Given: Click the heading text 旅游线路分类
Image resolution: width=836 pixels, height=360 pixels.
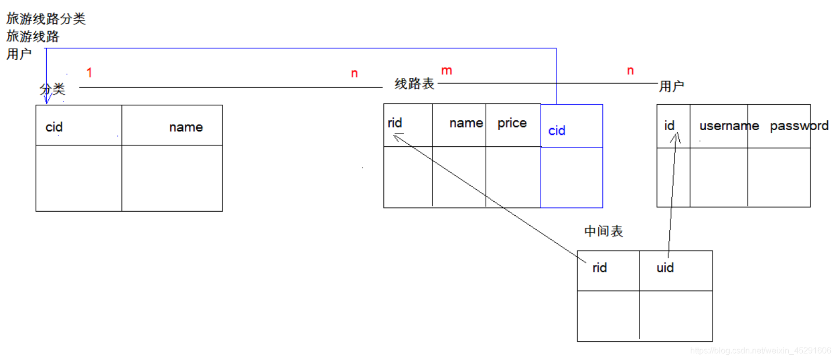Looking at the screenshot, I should (x=46, y=19).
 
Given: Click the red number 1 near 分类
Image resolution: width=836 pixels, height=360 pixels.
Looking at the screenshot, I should (x=89, y=73).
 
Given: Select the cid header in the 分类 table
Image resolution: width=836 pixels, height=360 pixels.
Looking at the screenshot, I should (x=54, y=127).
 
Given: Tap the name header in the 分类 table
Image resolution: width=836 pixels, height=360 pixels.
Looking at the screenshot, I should (x=186, y=127).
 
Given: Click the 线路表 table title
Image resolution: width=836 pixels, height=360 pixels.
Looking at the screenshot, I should (x=414, y=84).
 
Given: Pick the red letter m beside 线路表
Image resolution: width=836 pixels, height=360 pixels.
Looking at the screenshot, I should (x=446, y=71).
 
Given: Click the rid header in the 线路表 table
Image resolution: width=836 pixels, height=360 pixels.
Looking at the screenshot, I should (x=394, y=123).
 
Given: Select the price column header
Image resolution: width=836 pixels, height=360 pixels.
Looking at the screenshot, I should (x=512, y=123).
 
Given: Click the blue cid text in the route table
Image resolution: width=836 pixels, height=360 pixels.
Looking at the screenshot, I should (x=556, y=131).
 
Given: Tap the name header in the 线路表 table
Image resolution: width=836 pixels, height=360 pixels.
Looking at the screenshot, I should (x=466, y=123).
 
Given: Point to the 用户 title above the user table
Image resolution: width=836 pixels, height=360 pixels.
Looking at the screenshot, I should (x=671, y=86).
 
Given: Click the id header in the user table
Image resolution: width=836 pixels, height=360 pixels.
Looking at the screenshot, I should (x=669, y=126).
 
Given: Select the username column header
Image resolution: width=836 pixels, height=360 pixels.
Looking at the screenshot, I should (x=729, y=126).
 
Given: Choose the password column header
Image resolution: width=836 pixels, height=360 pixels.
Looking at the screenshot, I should (x=799, y=126).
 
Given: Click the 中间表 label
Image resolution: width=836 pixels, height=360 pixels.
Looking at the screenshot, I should (x=603, y=231).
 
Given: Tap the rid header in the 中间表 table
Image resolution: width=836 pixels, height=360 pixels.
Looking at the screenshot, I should (x=599, y=268).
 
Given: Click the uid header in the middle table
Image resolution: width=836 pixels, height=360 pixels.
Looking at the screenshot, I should (x=665, y=268).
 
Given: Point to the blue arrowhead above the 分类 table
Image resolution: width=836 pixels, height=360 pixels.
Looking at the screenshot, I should (x=47, y=99).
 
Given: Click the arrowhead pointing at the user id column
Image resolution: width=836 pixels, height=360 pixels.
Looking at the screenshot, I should (x=676, y=137).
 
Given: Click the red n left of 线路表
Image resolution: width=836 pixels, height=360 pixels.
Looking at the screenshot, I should (x=354, y=74).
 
